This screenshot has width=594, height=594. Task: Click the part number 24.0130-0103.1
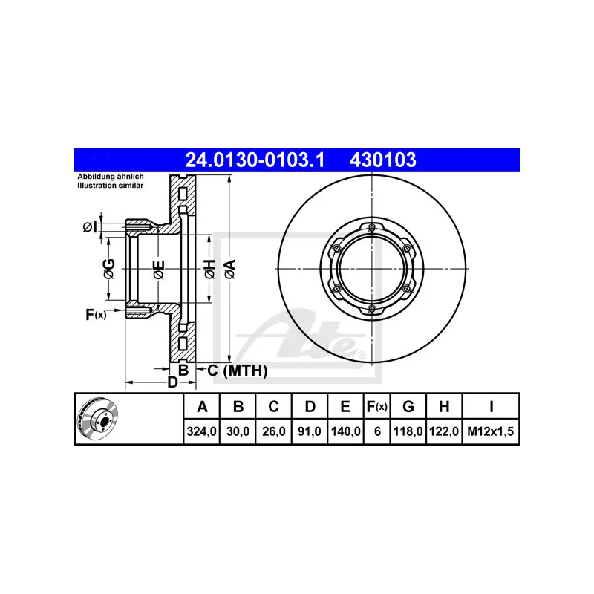coord(254,160)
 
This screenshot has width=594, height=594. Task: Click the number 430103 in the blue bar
coord(382,160)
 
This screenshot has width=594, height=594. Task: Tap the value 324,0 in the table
coord(201,431)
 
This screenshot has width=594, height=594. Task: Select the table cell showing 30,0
coord(238,431)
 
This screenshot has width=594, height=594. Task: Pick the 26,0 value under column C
coord(274,431)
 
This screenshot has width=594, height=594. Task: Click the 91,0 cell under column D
coord(310,431)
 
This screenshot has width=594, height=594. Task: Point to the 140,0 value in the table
coord(346,431)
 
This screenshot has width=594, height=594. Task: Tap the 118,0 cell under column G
coord(408,431)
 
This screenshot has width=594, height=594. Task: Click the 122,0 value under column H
coord(443,431)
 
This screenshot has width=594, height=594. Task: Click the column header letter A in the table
coord(201,406)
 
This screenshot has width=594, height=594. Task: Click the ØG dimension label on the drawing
coord(108,269)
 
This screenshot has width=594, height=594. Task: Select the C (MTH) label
coord(237,371)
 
